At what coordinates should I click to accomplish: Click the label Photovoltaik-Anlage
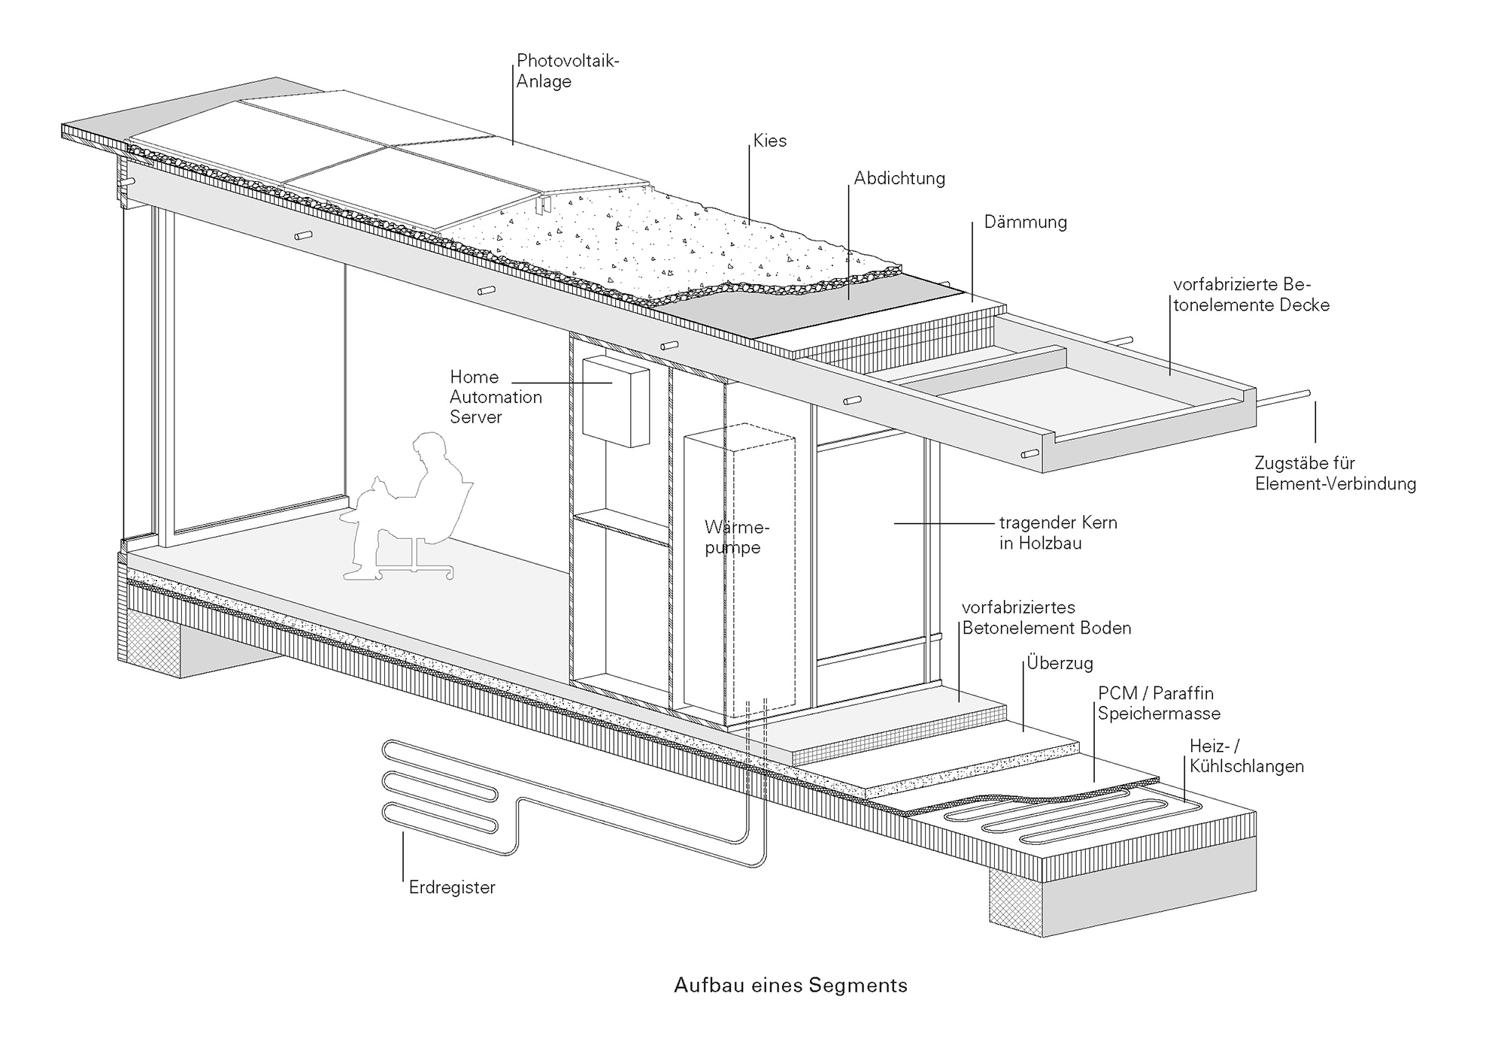567,71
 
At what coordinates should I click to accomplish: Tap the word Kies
769,141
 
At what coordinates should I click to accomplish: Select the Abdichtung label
899,178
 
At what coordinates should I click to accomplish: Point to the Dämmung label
1025,223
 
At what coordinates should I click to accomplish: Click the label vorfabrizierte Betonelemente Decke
1251,295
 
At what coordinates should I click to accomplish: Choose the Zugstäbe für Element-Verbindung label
1335,473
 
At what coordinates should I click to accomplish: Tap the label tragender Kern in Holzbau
1057,532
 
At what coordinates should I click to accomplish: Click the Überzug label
1060,664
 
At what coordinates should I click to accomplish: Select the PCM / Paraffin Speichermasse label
1158,703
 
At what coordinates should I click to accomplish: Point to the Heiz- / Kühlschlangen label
1246,756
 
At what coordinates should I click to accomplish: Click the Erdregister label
452,887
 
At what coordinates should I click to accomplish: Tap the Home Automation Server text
496,397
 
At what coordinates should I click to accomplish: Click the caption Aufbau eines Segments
790,985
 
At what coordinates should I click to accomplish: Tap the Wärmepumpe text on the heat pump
736,537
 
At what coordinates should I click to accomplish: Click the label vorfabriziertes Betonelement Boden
1046,617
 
